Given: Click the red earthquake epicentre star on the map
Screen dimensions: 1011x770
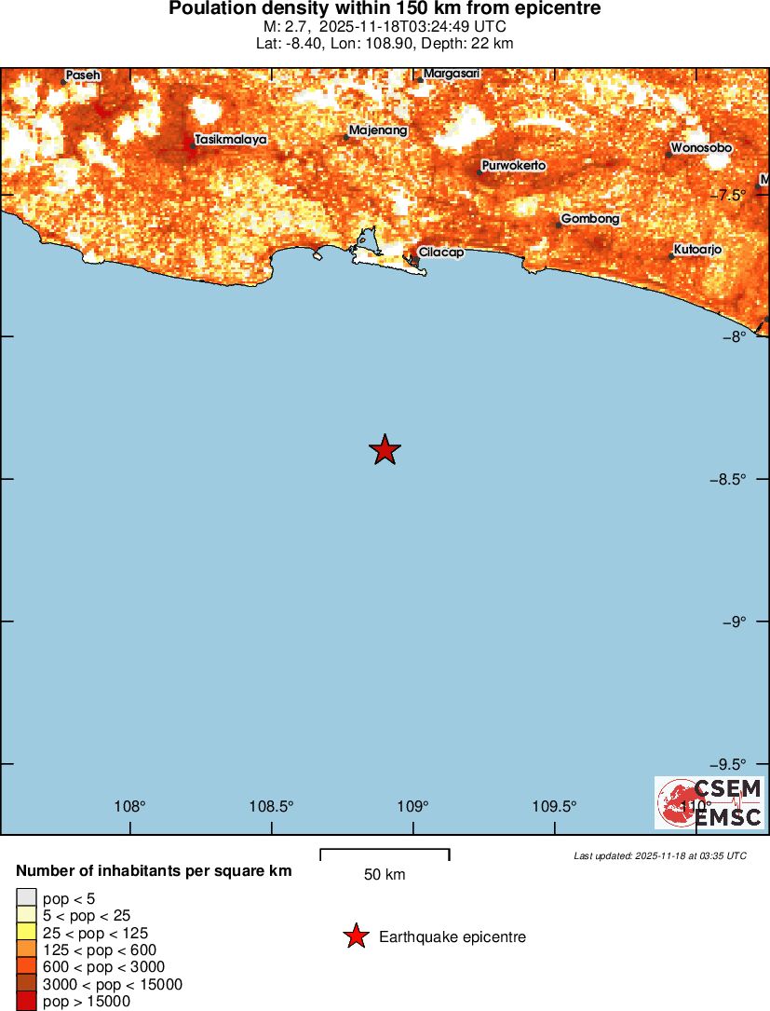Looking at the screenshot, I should tap(385, 450).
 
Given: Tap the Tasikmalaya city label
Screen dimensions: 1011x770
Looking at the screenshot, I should tap(231, 140).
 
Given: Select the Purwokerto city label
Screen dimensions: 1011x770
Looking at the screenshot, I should tap(513, 166).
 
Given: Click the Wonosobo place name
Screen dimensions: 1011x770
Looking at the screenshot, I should tap(701, 148).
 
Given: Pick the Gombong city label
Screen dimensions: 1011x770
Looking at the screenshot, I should tap(590, 219).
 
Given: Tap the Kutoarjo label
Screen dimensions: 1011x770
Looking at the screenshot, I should tap(697, 250).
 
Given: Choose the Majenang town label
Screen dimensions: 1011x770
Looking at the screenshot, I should tap(378, 131).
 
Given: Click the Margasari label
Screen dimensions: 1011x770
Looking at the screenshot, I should tap(452, 73).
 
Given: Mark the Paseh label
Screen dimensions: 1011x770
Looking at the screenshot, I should tap(83, 75).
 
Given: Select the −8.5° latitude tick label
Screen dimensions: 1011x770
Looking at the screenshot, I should tap(728, 479).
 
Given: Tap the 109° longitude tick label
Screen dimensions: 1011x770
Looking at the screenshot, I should tap(413, 806).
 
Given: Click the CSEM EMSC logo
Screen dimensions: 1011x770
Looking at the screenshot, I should tap(709, 803).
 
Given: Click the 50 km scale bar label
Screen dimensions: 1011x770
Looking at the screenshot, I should tap(385, 875).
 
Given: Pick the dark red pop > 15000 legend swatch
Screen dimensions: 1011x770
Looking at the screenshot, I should tap(26, 1002).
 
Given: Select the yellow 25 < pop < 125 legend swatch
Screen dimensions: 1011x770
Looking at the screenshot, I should tap(26, 933).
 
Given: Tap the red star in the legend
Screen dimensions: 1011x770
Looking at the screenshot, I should tap(356, 936).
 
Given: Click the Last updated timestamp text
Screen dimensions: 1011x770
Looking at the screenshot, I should tap(660, 855).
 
